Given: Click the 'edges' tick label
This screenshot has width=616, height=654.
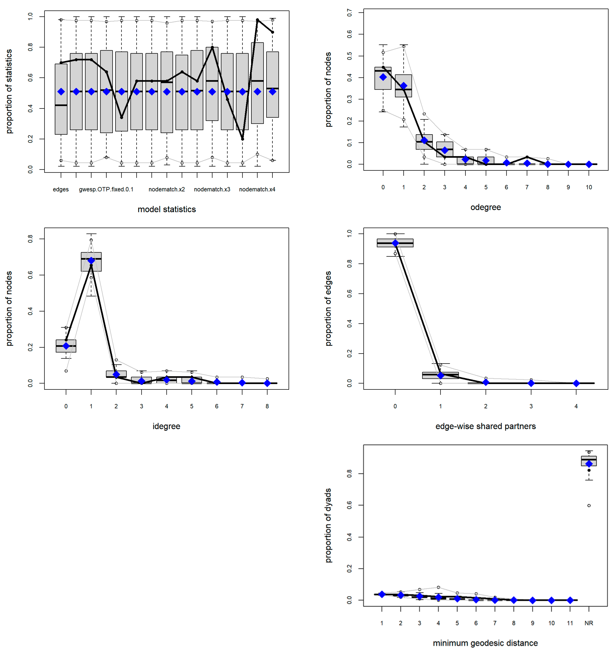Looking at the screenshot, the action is pos(61,189).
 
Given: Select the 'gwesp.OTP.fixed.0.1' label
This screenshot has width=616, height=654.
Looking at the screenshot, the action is pos(106,189).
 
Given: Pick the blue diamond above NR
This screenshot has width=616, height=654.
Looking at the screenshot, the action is pos(589,464).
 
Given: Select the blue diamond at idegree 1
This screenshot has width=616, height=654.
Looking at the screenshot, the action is pos(91,261).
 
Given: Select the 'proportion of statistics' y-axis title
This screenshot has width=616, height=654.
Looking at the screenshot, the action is pos(9,91).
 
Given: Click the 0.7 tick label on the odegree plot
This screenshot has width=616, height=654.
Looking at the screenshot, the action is pos(350,13).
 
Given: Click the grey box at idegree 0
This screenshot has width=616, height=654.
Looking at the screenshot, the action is pos(66,346).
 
